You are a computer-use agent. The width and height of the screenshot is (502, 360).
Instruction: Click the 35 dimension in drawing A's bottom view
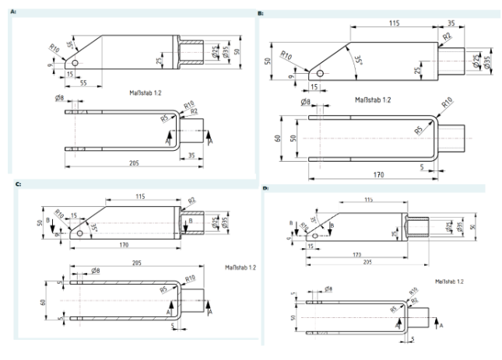click(x=192, y=154)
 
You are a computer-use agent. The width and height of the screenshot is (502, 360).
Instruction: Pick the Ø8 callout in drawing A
click(x=60, y=99)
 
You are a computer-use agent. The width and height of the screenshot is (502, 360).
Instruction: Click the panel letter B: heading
click(x=261, y=13)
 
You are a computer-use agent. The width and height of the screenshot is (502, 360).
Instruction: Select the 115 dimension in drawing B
click(x=394, y=24)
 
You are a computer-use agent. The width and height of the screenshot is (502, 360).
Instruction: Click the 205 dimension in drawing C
click(x=137, y=262)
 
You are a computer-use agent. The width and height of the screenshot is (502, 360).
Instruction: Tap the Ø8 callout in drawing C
click(x=94, y=271)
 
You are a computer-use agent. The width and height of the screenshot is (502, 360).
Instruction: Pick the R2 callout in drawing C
click(x=191, y=201)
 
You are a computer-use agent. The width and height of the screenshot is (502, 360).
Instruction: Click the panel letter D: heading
click(x=265, y=188)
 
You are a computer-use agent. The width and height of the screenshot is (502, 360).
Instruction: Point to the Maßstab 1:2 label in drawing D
click(x=449, y=281)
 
